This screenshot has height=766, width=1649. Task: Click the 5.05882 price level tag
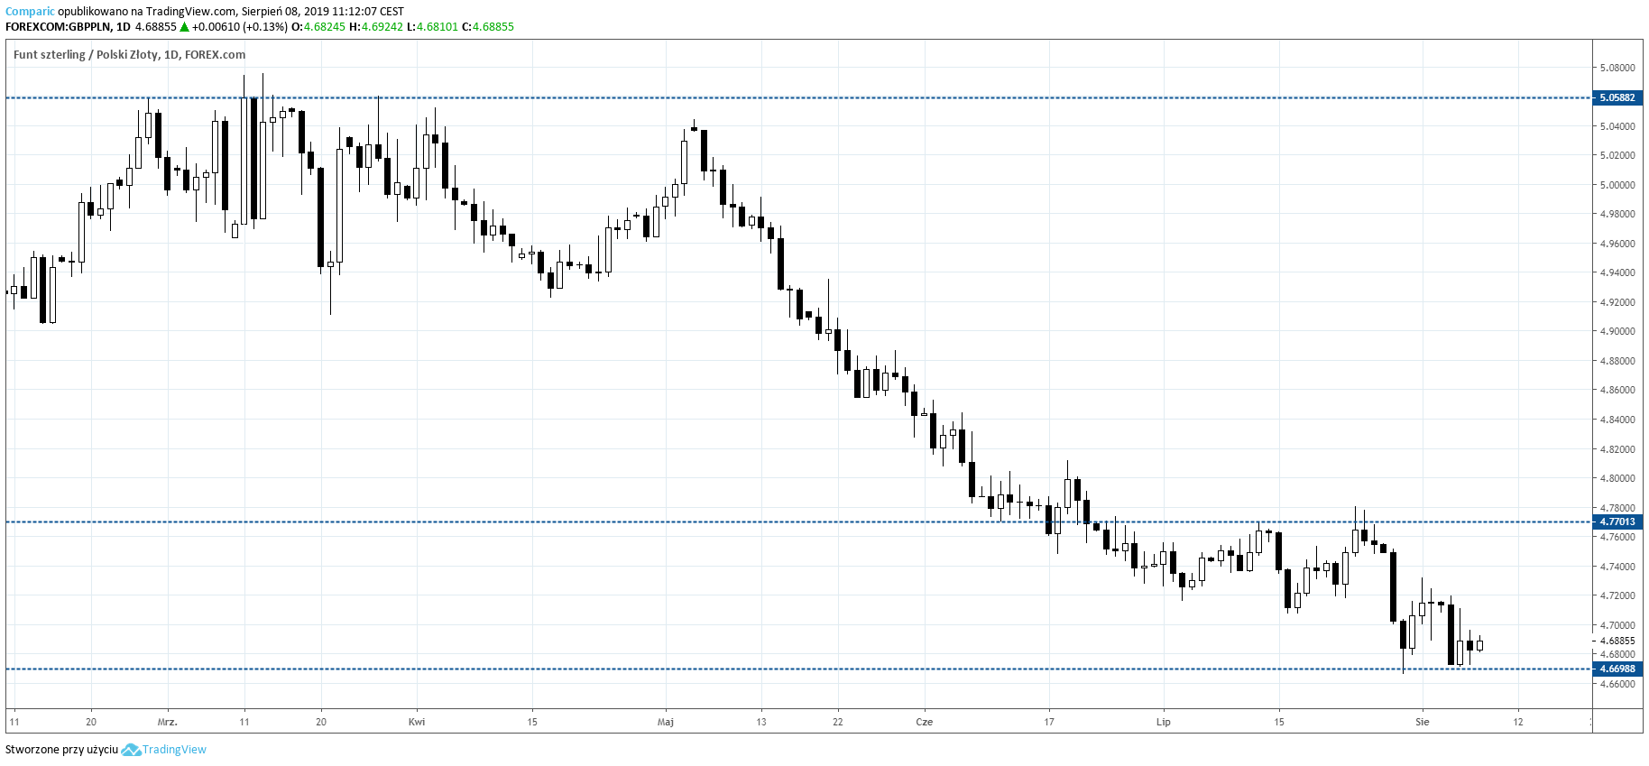pyautogui.click(x=1617, y=97)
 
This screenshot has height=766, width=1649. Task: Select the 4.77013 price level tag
pyautogui.click(x=1617, y=521)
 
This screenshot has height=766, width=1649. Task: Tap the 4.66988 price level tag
pyautogui.click(x=1617, y=669)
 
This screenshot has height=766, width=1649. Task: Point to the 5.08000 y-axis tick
pyautogui.click(x=1617, y=68)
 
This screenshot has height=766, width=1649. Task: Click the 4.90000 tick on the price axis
pyautogui.click(x=1617, y=331)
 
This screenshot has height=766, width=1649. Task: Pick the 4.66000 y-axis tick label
pyautogui.click(x=1617, y=684)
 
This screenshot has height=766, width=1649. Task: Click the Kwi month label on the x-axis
pyautogui.click(x=417, y=722)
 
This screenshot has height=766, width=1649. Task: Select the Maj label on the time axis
pyautogui.click(x=666, y=722)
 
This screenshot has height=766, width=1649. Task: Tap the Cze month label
pyautogui.click(x=924, y=722)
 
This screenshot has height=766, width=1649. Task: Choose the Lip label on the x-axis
pyautogui.click(x=1164, y=722)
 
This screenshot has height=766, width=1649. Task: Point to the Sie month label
pyautogui.click(x=1423, y=722)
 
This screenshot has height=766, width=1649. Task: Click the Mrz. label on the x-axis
pyautogui.click(x=168, y=722)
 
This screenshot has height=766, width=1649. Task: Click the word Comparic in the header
pyautogui.click(x=30, y=12)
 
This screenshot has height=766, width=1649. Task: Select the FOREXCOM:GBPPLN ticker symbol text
pyautogui.click(x=57, y=27)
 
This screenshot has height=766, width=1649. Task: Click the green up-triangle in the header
pyautogui.click(x=184, y=27)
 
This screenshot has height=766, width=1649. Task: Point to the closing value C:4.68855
pyautogui.click(x=488, y=27)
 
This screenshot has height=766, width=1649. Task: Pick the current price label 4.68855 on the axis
pyautogui.click(x=1617, y=641)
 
